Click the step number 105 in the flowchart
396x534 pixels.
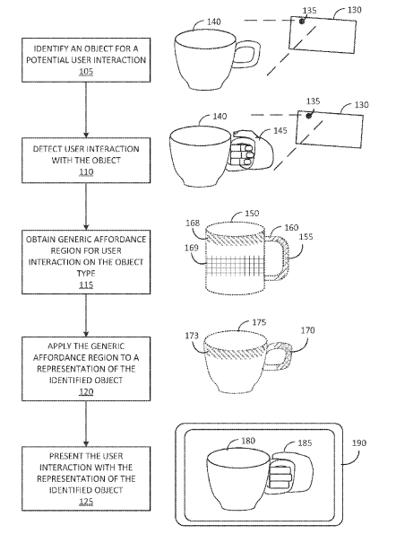(86, 72)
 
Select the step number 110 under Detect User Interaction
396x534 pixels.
(86, 172)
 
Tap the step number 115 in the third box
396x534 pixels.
(86, 285)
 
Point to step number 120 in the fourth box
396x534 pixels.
(86, 391)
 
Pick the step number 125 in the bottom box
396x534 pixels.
(86, 502)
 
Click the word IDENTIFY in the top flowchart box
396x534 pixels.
(50, 48)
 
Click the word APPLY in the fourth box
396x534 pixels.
(59, 346)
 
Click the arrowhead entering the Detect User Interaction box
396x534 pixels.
(86, 135)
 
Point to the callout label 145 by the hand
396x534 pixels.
(280, 130)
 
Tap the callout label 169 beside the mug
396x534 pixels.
(192, 248)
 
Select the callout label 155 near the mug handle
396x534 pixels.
(306, 237)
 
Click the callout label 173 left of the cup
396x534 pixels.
(192, 336)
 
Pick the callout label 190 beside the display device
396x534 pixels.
(359, 443)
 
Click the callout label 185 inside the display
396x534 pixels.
(305, 443)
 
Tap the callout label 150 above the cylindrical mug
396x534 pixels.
(252, 214)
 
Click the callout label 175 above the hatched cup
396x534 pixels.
(259, 322)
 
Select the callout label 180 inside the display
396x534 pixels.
(248, 441)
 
